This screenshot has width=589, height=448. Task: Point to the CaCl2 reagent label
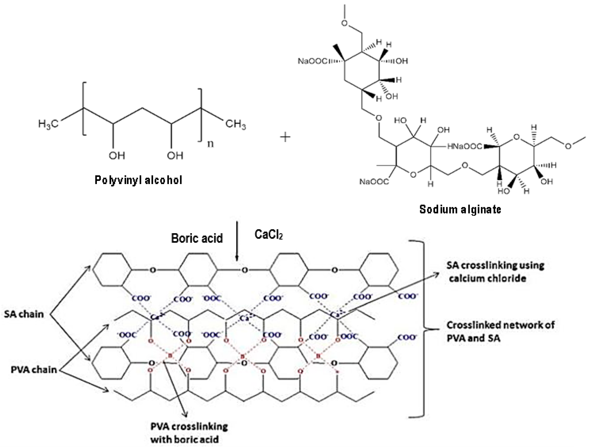[268, 235]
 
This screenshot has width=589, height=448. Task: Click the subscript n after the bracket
[211, 144]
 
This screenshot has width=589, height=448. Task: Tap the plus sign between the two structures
[285, 137]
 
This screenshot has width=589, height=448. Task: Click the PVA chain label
[34, 370]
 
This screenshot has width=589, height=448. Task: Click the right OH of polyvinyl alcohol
[175, 155]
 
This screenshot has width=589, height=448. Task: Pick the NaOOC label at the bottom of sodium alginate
[374, 182]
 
